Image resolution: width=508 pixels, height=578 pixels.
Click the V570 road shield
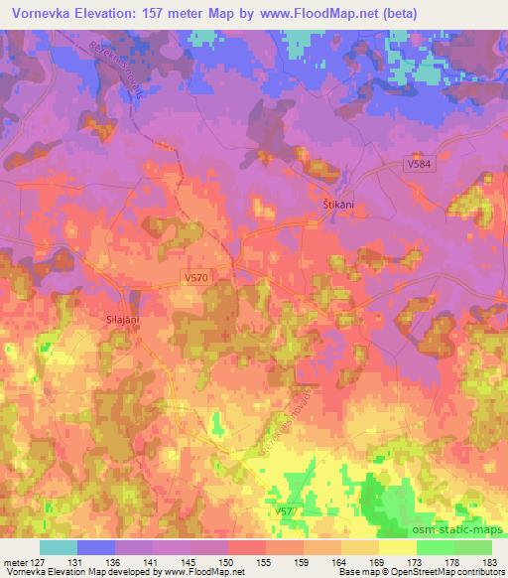point(195,280)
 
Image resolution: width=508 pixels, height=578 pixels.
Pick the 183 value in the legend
point(490,562)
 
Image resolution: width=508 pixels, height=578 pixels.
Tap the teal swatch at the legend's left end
point(59,547)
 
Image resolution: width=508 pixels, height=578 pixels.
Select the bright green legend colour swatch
point(436,547)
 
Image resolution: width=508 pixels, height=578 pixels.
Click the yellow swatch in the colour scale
point(398,547)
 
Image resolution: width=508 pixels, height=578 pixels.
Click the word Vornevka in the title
point(43,13)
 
